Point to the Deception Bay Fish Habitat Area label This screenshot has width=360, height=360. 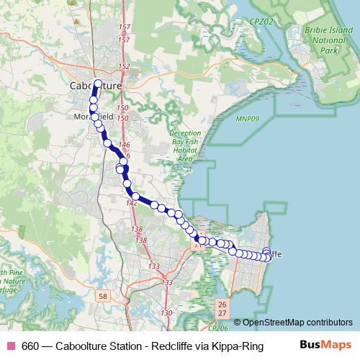click(x=186, y=146)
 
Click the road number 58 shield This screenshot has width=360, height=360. click(x=104, y=296)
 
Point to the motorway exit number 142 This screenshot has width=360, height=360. click(x=131, y=203)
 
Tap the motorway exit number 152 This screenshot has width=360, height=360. click(x=124, y=67)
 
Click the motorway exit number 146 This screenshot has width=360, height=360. click(x=123, y=145)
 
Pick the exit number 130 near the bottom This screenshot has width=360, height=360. click(x=167, y=312)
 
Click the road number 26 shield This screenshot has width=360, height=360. click(x=222, y=305)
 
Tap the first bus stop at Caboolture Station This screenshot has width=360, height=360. click(x=98, y=84)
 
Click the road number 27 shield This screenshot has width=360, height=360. click(x=222, y=314)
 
